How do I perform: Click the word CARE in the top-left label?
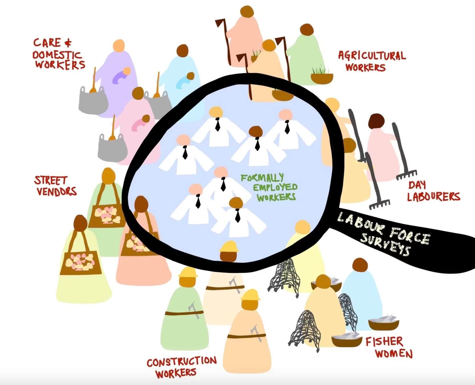tap(47, 43)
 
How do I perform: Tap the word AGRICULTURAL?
tap(372, 55)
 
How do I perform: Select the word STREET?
tap(50, 181)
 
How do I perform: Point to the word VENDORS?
tap(56, 191)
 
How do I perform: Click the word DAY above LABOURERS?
tap(417, 185)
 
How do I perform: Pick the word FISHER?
tap(384, 341)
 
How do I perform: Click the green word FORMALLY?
tap(262, 178)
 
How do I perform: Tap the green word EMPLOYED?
tap(275, 187)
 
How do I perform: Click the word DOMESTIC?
tap(56, 54)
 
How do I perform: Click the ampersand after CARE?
tap(68, 43)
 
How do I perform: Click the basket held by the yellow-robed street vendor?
tap(81, 263)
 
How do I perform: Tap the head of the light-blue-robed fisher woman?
tap(360, 265)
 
